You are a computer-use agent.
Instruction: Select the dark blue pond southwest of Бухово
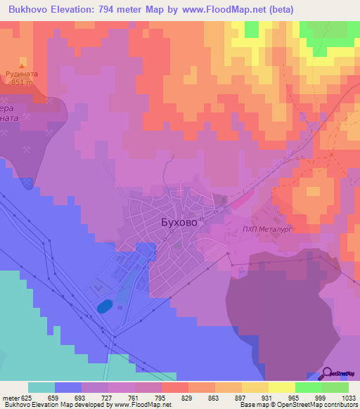pos(104,306)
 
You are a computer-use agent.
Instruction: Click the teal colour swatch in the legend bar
pos(41,387)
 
